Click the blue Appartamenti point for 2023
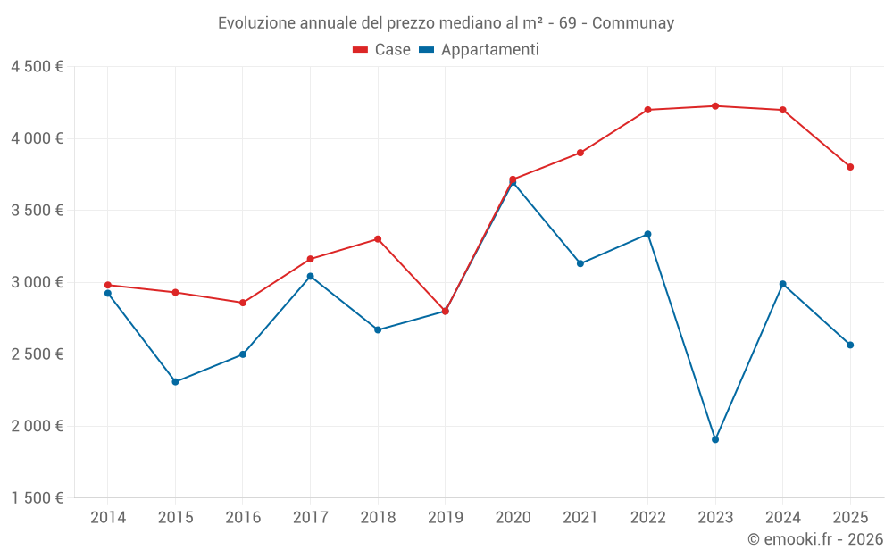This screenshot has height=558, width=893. coord(715,439)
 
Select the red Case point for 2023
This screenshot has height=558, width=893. coord(715,106)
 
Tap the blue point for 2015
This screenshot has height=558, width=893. coord(175,382)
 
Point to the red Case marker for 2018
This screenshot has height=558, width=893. coord(378,239)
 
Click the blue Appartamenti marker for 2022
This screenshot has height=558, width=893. coord(647,235)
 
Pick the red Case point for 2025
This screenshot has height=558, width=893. coord(850,167)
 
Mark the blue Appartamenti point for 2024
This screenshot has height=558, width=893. coord(783,284)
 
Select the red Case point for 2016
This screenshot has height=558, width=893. coord(243,303)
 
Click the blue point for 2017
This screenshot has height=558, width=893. coord(310,276)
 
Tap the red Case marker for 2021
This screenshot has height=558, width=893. coord(580,153)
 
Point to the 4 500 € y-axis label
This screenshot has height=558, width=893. coord(37,67)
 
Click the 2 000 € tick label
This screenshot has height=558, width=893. coord(37,426)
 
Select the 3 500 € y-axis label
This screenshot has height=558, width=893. coord(37,211)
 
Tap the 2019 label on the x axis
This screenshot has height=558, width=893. coord(445,518)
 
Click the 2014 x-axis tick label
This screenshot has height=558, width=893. coord(107,518)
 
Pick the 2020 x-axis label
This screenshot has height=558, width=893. coord(513,518)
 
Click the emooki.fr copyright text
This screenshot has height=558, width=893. coord(814,539)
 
